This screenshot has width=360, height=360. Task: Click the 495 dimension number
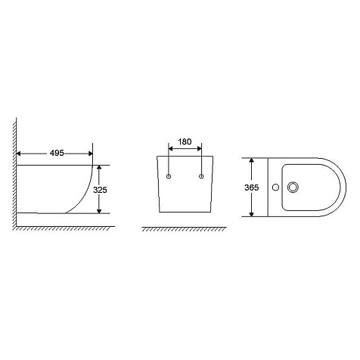click(x=57, y=153)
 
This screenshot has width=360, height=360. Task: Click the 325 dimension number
click(x=100, y=190)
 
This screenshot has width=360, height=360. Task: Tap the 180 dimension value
click(x=185, y=141)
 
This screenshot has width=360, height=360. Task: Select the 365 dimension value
click(x=252, y=188)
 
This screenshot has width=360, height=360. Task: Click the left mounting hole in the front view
click(x=169, y=176)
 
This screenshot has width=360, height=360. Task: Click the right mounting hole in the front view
click(x=201, y=176)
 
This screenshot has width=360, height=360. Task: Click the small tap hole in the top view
click(x=276, y=188)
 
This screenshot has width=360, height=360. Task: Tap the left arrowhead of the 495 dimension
click(x=18, y=154)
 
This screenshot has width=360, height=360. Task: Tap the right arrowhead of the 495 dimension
click(x=91, y=154)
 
